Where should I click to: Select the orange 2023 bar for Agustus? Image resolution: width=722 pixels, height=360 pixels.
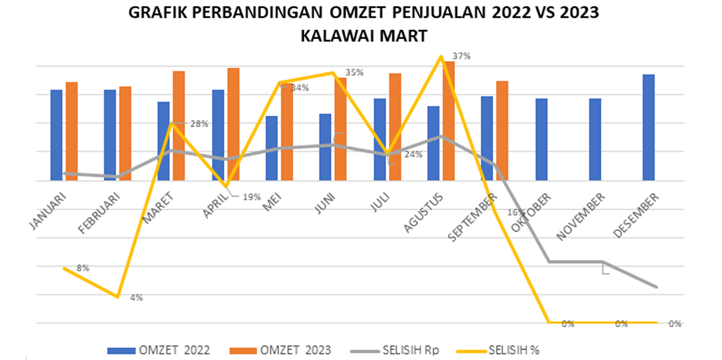(x=449, y=120)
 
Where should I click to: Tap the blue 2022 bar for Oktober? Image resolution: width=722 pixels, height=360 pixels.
(x=541, y=139)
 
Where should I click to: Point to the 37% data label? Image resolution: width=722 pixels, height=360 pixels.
(x=461, y=56)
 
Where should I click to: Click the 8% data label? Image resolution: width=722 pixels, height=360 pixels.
(x=83, y=268)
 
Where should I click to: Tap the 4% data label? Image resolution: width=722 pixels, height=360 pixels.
(x=136, y=298)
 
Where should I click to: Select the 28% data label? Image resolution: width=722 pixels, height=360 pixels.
(x=199, y=124)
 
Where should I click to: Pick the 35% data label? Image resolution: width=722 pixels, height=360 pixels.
(x=354, y=72)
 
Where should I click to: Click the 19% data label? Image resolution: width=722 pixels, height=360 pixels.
(x=252, y=197)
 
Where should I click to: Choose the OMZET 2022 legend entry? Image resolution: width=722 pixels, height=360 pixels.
(x=158, y=350)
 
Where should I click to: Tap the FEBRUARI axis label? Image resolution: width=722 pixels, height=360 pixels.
(x=99, y=213)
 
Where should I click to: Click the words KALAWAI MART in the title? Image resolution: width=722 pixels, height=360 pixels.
(x=364, y=36)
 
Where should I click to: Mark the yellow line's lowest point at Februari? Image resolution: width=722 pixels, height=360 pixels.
(x=118, y=297)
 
